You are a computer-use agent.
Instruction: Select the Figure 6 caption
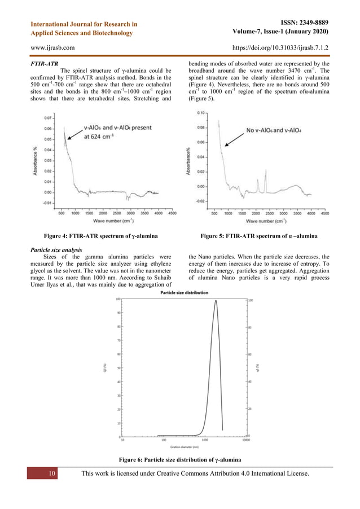click(x=179, y=460)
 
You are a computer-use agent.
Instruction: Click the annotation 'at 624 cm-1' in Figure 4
click(x=109, y=136)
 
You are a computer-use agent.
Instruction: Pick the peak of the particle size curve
click(x=216, y=300)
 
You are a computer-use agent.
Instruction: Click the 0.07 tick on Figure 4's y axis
click(x=49, y=119)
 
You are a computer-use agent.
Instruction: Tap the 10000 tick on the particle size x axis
click(x=246, y=440)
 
